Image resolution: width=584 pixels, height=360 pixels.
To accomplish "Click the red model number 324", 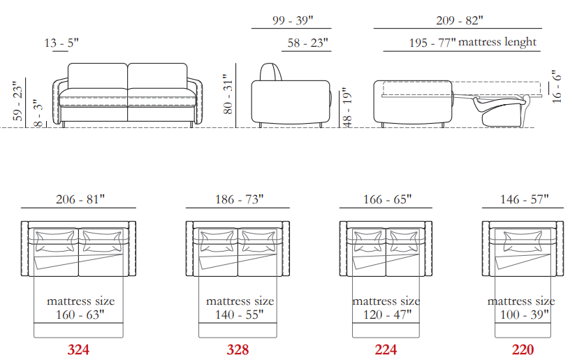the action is click(x=78, y=350).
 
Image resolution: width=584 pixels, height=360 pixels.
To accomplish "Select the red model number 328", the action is click(x=238, y=350).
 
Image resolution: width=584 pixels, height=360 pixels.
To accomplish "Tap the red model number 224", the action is click(x=386, y=350).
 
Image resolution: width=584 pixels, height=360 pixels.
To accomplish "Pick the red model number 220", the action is click(x=523, y=350).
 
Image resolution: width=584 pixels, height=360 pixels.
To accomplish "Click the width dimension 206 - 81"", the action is click(x=80, y=199).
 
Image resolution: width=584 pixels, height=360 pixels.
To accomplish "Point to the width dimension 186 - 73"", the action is click(x=239, y=199).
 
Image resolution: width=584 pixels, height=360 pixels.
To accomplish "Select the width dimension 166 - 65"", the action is click(x=387, y=199).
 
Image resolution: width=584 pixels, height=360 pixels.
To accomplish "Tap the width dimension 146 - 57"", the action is click(x=525, y=199).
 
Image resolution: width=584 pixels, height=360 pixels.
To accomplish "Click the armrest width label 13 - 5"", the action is click(x=61, y=43).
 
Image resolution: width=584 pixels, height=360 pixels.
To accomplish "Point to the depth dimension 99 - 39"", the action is click(x=293, y=20).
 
